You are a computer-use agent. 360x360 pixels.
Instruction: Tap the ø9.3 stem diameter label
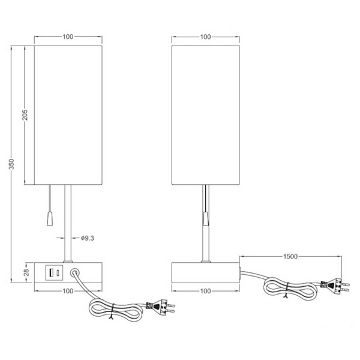tap(87, 238)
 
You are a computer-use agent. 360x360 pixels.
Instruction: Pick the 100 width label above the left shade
tap(67, 37)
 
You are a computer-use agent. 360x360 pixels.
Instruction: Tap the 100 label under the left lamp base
tap(67, 291)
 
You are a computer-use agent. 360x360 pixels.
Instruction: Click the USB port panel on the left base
tap(52, 273)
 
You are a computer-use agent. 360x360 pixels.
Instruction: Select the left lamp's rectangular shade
tap(67, 114)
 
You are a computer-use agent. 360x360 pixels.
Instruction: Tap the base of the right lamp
tap(206, 272)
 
